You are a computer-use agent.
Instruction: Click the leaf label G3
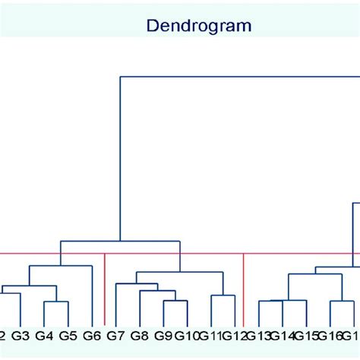[21, 335]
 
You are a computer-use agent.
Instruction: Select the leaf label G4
[44, 335]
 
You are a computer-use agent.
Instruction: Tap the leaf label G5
[68, 335]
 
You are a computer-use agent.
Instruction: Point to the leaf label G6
[92, 335]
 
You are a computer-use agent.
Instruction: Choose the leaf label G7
[115, 335]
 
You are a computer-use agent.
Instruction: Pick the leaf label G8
[139, 335]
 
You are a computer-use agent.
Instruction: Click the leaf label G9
[163, 335]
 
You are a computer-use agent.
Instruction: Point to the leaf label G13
[259, 335]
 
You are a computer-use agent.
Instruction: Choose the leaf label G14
[283, 335]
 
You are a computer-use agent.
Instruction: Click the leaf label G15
[306, 335]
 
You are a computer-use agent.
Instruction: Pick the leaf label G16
[330, 335]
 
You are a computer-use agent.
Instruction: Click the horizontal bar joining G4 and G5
[56, 302]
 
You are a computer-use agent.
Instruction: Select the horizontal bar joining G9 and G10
[175, 301]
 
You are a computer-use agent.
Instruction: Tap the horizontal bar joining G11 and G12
[223, 295]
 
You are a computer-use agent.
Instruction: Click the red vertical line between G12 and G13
[244, 289]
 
